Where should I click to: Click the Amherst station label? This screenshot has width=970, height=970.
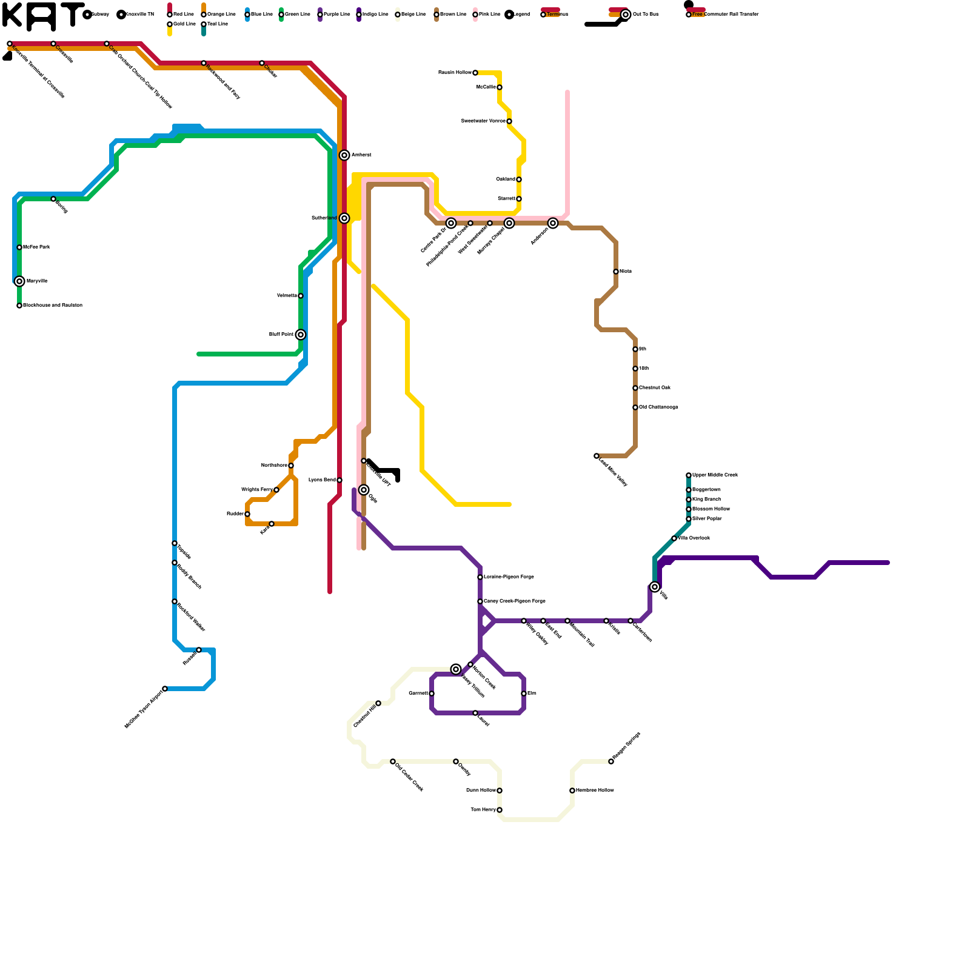point(361,155)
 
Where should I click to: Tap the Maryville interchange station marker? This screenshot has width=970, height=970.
point(19,281)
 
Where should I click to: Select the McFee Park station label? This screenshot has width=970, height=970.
point(36,247)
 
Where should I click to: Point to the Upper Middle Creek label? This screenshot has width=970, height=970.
point(715,475)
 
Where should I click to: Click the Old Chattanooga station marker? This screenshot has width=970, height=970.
point(635,407)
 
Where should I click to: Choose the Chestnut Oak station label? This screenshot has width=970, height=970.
point(655,388)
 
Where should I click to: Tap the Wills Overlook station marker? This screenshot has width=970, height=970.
point(674,538)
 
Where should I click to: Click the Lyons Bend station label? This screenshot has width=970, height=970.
point(322,480)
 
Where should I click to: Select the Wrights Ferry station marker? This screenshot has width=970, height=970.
point(276,490)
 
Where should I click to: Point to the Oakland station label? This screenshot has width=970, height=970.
point(506,179)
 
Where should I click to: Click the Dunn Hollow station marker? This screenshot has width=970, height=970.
point(500,791)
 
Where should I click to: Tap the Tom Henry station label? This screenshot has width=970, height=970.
point(483,810)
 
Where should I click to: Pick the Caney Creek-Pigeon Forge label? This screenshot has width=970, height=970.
point(515,601)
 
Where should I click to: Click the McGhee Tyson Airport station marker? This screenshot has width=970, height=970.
point(165,689)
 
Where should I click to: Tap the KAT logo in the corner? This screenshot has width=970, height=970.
point(42,16)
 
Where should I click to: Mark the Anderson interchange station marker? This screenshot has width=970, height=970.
point(553,223)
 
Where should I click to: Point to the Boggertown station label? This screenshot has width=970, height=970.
point(706,490)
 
